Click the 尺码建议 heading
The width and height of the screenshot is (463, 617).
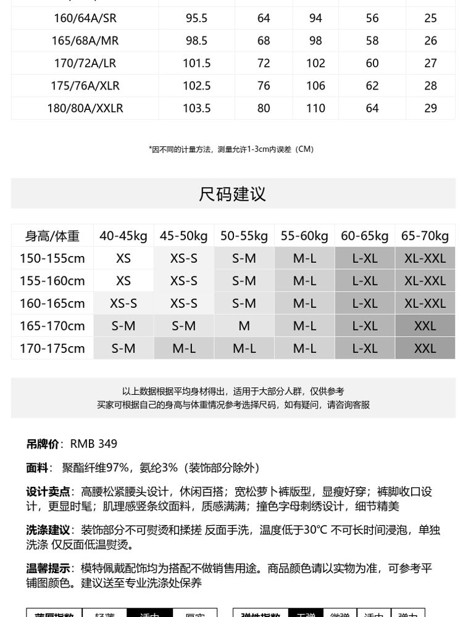(231, 194)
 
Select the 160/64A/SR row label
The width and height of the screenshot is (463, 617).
(85, 19)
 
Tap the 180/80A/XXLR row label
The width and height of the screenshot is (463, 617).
(85, 108)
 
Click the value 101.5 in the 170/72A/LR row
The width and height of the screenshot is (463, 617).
(197, 63)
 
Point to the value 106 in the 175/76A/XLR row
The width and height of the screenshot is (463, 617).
(315, 86)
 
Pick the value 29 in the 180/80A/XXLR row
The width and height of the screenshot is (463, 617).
(430, 108)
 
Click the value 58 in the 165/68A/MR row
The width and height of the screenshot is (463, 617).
(372, 41)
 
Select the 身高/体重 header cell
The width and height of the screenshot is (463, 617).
(52, 236)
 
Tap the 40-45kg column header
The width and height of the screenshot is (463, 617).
(123, 236)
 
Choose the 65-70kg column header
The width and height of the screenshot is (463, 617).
(425, 236)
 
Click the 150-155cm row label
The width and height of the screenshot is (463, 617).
(52, 258)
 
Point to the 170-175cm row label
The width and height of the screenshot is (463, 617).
(52, 348)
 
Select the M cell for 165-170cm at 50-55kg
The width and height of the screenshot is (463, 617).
(244, 326)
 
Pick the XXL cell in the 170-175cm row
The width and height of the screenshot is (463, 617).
(425, 348)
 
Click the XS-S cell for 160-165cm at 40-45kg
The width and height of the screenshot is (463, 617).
(123, 303)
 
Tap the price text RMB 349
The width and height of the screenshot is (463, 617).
(93, 444)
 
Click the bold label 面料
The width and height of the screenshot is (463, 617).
(36, 468)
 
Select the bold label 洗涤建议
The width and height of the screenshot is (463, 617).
(48, 530)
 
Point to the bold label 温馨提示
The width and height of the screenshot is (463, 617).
(48, 568)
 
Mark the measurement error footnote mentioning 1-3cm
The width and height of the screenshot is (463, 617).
(231, 149)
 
